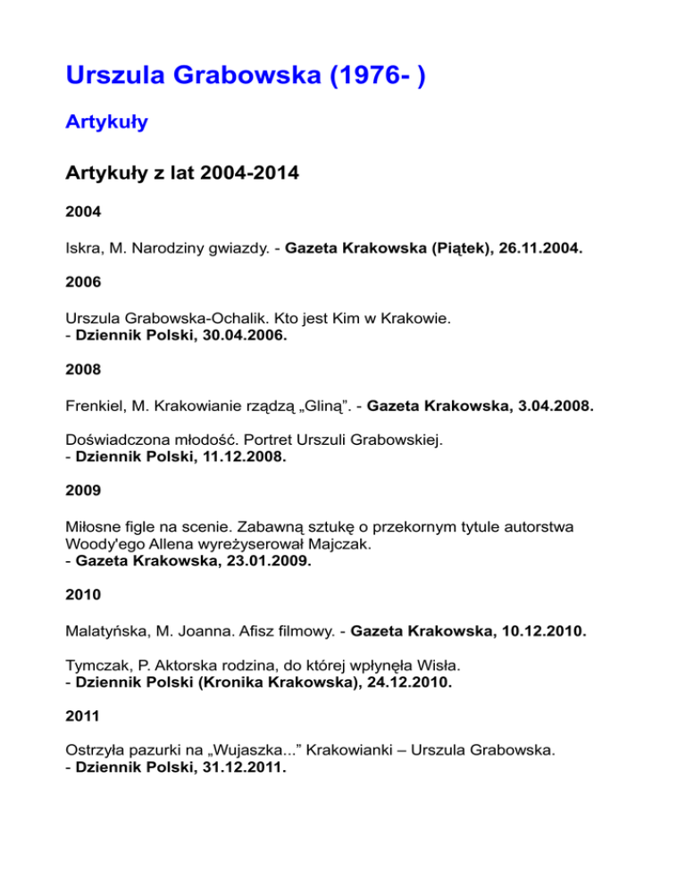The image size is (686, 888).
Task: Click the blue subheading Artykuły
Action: [106, 122]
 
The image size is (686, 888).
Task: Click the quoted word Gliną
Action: [321, 406]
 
